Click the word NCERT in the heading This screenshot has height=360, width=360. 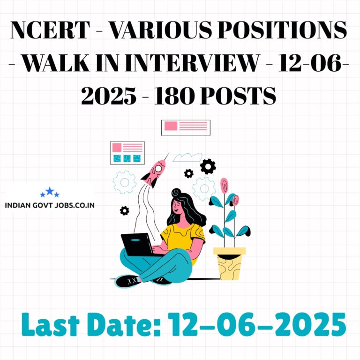point(50,30)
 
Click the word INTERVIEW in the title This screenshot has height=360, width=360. point(192,63)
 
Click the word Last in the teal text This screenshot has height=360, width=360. point(51,324)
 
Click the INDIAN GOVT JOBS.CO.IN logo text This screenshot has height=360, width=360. point(50,205)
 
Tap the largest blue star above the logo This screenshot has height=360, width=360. point(50,191)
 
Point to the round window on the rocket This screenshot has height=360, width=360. point(158,169)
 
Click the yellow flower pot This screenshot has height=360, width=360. point(229,263)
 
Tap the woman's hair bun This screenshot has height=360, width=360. point(176,192)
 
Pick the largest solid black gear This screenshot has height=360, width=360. point(208,166)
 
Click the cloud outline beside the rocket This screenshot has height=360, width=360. point(187,157)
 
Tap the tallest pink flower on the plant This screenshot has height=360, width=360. point(224,185)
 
